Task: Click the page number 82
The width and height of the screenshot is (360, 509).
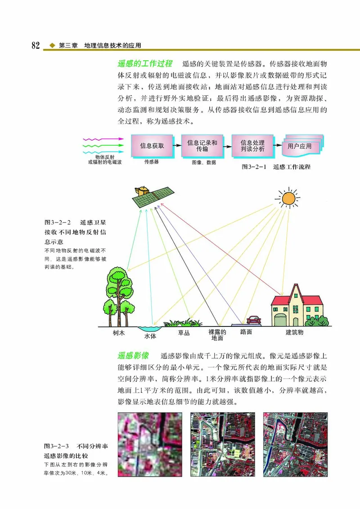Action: click(36, 46)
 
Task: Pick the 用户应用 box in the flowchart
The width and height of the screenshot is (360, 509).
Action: click(300, 146)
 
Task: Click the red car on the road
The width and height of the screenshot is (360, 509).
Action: click(254, 320)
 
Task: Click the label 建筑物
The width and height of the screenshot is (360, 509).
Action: click(295, 333)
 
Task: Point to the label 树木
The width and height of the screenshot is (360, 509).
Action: click(119, 333)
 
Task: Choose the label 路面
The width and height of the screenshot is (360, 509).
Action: click(246, 332)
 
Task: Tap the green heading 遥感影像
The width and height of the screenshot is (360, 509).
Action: click(133, 355)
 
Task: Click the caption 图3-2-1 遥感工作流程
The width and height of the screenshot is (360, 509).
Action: click(276, 167)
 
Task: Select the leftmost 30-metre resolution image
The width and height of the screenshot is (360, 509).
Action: click(149, 444)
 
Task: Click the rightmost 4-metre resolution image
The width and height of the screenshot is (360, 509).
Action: click(295, 444)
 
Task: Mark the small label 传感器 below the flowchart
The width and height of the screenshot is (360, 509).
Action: click(152, 161)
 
